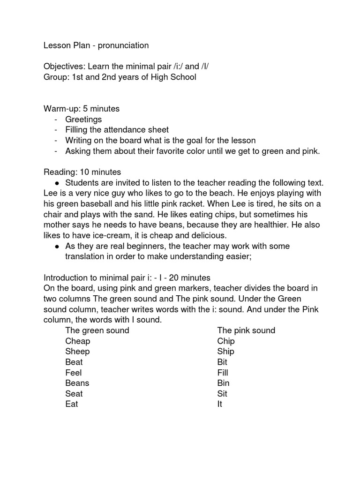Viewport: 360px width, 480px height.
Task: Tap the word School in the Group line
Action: [x=183, y=77]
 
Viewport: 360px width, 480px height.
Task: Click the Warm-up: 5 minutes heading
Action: [x=82, y=109]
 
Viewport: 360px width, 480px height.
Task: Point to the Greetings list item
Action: [x=83, y=120]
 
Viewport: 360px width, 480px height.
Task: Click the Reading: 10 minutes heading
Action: [x=82, y=172]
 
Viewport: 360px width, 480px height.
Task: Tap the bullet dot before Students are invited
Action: [x=57, y=183]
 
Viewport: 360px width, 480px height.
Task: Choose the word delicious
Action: [x=205, y=235]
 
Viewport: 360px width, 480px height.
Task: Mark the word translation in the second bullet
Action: [x=86, y=256]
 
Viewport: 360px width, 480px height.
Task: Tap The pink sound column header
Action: [x=246, y=330]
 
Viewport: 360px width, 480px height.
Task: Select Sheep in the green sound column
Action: [x=77, y=352]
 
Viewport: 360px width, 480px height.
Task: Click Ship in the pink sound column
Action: [x=225, y=352]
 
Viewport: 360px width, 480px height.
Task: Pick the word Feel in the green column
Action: [x=74, y=373]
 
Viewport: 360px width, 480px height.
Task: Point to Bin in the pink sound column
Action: [x=223, y=383]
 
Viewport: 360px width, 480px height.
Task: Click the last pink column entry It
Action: [x=220, y=404]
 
